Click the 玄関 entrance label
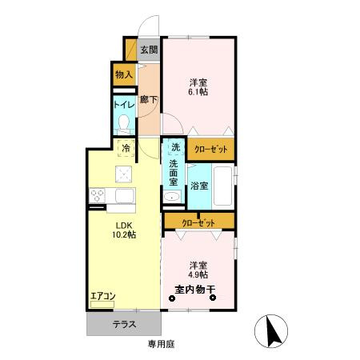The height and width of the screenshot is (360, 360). tap(149, 50)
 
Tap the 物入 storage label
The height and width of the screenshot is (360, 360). tap(124, 75)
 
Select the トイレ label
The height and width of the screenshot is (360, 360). tap(123, 105)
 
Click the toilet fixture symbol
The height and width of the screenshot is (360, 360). tap(124, 122)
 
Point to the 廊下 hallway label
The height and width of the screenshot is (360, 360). tap(148, 99)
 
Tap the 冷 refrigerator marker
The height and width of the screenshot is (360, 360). tap(126, 147)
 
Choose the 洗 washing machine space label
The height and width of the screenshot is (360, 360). tap(174, 147)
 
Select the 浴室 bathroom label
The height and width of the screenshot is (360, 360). tap(200, 186)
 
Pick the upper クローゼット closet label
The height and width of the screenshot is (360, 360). tap(211, 150)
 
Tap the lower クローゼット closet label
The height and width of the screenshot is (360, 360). tap(199, 222)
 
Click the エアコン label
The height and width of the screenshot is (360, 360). tap(102, 297)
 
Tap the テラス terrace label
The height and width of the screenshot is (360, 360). tap(124, 325)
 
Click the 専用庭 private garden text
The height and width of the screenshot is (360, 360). tap(161, 344)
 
